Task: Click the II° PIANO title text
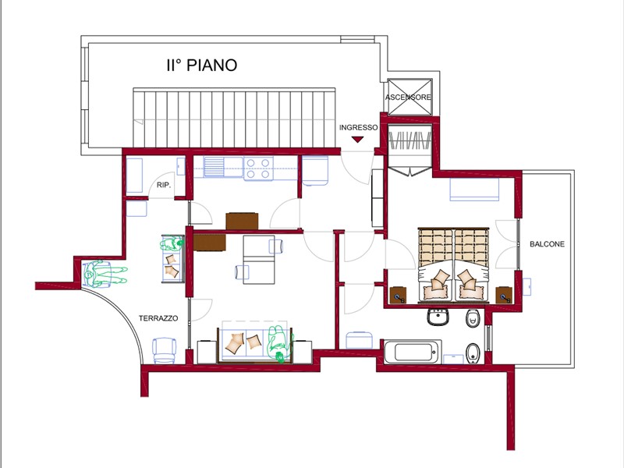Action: tap(202, 66)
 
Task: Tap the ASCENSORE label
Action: tap(408, 97)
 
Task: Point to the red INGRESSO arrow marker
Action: tap(358, 140)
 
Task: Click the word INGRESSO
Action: tap(358, 127)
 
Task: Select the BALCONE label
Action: tap(547, 244)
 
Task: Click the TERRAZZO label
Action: tap(158, 318)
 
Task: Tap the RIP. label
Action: tap(164, 185)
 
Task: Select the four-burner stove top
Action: tap(258, 168)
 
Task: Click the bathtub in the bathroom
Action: tap(413, 352)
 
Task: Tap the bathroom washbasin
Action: tap(439, 317)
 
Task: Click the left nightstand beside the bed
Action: tap(398, 295)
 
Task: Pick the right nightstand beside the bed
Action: tap(504, 295)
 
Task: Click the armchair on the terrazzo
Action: tap(165, 350)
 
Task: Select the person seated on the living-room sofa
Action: tap(279, 343)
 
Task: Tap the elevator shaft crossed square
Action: tap(409, 97)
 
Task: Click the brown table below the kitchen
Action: tap(242, 222)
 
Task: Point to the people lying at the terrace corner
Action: tap(105, 273)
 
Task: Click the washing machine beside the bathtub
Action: tap(360, 340)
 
